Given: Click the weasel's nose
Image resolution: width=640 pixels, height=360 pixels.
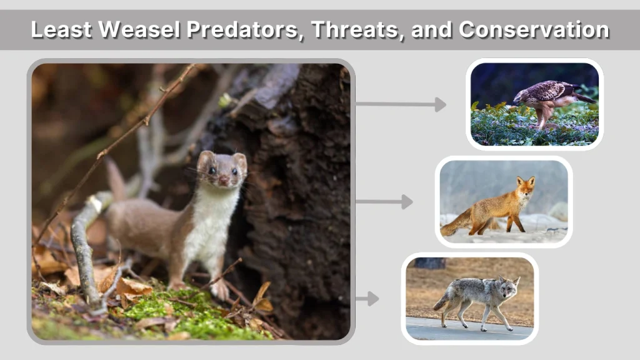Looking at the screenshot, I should tap(223, 181).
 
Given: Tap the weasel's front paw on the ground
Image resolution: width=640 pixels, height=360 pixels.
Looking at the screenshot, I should tap(219, 289).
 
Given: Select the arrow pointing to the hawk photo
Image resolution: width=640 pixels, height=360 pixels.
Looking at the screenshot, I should tap(401, 104).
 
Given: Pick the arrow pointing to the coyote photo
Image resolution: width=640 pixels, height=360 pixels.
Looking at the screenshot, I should tap(367, 299).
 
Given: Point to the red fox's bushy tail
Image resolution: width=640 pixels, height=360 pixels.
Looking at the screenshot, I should tap(456, 223).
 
